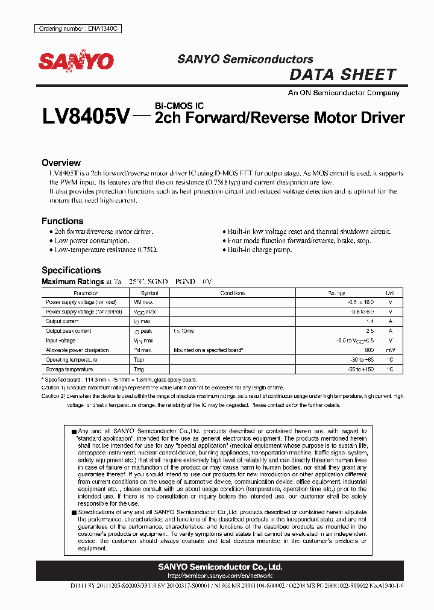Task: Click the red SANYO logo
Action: click(76, 61)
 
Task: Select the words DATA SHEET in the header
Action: click(342, 75)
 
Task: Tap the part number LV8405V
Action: click(85, 117)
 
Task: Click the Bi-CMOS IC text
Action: click(179, 106)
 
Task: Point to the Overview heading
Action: click(61, 163)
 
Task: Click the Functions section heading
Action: click(62, 221)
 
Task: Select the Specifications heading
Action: click(71, 270)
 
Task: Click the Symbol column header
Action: click(149, 293)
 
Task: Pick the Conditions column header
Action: click(233, 293)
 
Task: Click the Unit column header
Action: click(390, 293)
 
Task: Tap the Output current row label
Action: click(63, 321)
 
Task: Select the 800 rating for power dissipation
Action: click(370, 350)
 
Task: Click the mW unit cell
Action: click(390, 350)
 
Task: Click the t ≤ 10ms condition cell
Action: click(183, 331)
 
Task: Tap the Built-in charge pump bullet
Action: click(259, 250)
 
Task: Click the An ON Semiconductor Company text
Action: click(344, 93)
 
